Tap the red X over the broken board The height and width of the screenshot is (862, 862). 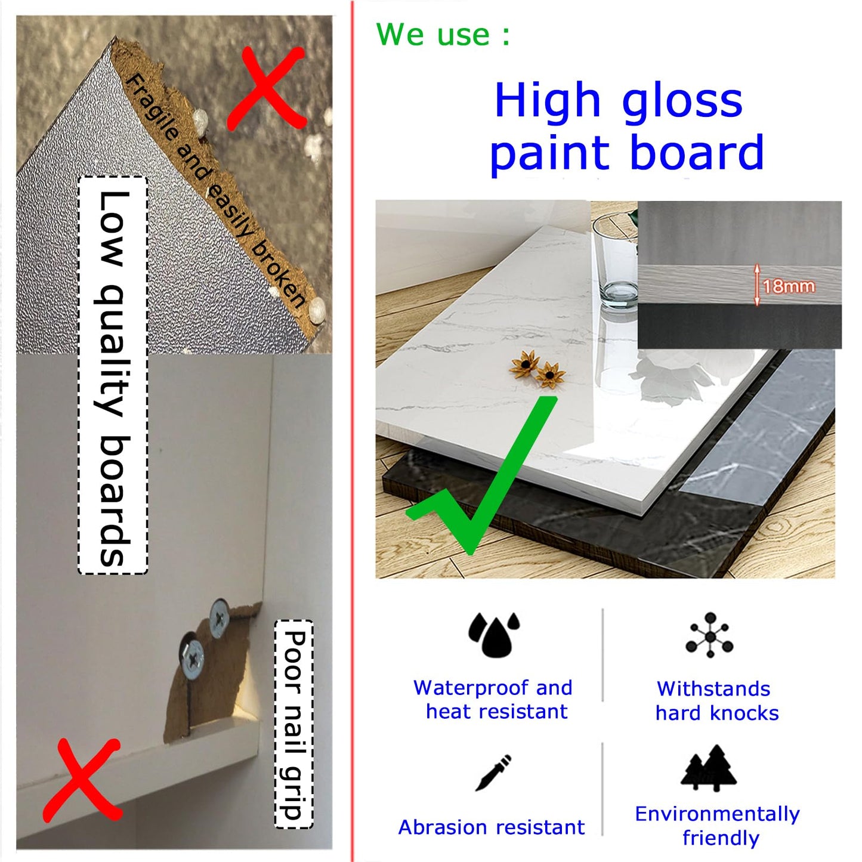pos(267,89)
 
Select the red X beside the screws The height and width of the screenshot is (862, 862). pos(81,781)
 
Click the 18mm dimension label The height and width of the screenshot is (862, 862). pos(789,286)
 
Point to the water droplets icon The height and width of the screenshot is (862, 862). pos(493,635)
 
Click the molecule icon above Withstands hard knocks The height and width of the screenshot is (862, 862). pos(710,635)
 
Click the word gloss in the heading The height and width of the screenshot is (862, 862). pos(682,101)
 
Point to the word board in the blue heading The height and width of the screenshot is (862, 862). pos(697,152)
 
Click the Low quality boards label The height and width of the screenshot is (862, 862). pos(113,375)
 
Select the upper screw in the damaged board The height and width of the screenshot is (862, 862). pos(219,618)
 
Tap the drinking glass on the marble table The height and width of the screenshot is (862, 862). pos(616,261)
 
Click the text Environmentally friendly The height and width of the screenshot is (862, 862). pos(718,826)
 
